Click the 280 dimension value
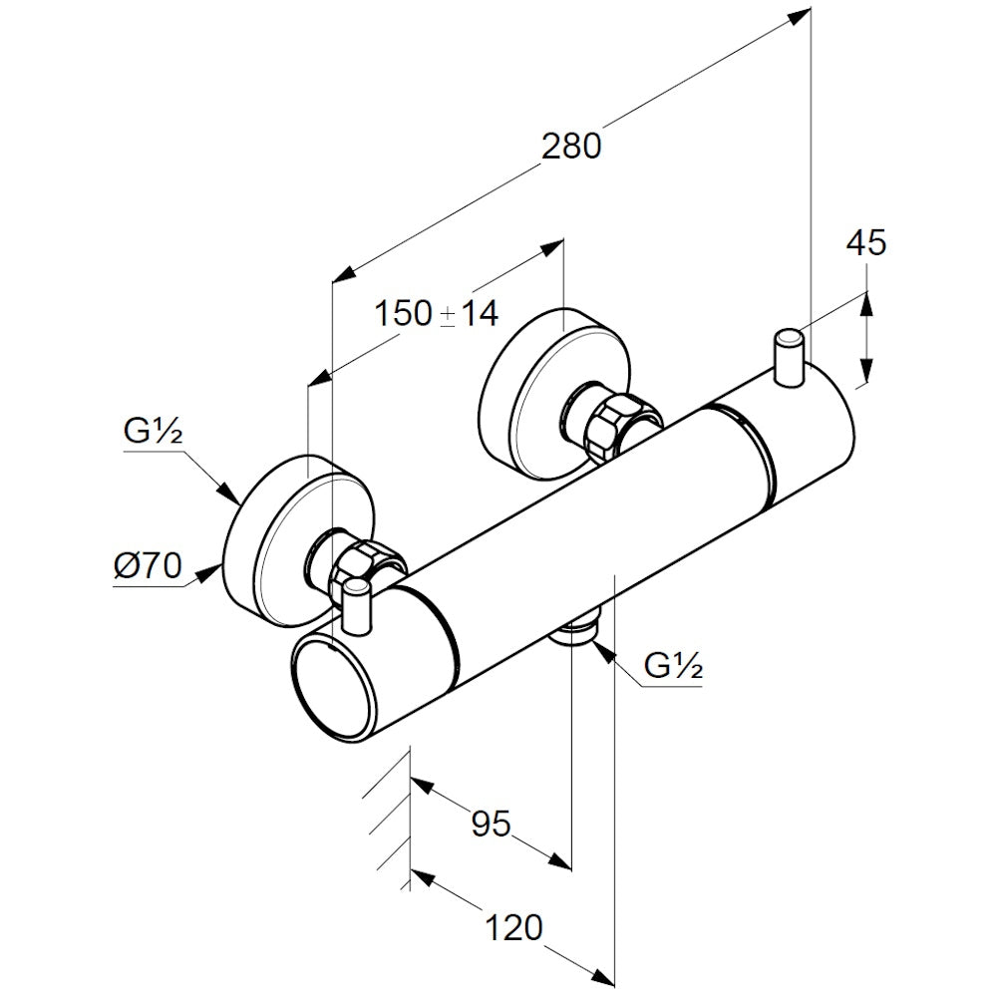pos(571,147)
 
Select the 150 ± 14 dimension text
pos(436,314)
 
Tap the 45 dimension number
pos(866,242)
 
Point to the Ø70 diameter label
pos(147,567)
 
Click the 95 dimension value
pos(491,824)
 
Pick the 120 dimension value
pos(514,928)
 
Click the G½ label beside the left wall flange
pos(151,432)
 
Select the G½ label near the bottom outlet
pos(674,666)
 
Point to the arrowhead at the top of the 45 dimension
pos(866,299)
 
